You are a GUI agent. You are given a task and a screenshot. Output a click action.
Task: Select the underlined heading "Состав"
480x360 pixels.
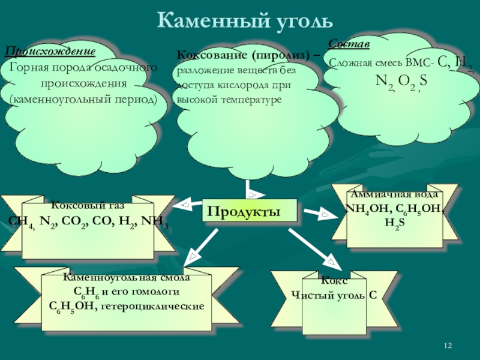point(349,45)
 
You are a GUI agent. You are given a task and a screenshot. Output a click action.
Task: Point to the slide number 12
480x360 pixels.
point(448,346)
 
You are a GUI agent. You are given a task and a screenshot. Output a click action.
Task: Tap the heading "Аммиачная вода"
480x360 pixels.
point(395,195)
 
